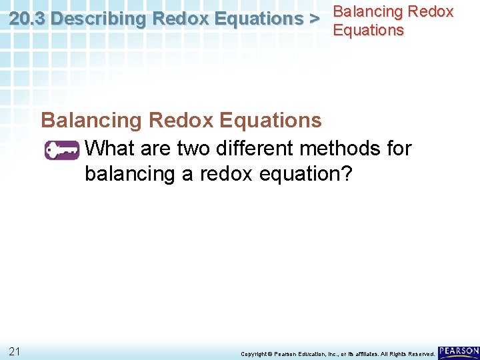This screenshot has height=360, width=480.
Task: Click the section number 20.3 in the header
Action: pyautogui.click(x=27, y=19)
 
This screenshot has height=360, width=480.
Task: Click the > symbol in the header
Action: pyautogui.click(x=314, y=19)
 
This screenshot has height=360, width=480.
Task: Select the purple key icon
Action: pyautogui.click(x=62, y=151)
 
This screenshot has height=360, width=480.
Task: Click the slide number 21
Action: pyautogui.click(x=15, y=351)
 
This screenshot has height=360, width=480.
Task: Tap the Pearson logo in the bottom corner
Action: pyautogui.click(x=459, y=351)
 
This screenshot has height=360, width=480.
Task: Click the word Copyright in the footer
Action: pyautogui.click(x=253, y=353)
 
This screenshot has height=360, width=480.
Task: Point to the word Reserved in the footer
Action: pyautogui.click(x=419, y=353)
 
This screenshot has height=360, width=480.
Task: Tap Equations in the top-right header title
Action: pyautogui.click(x=368, y=30)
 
